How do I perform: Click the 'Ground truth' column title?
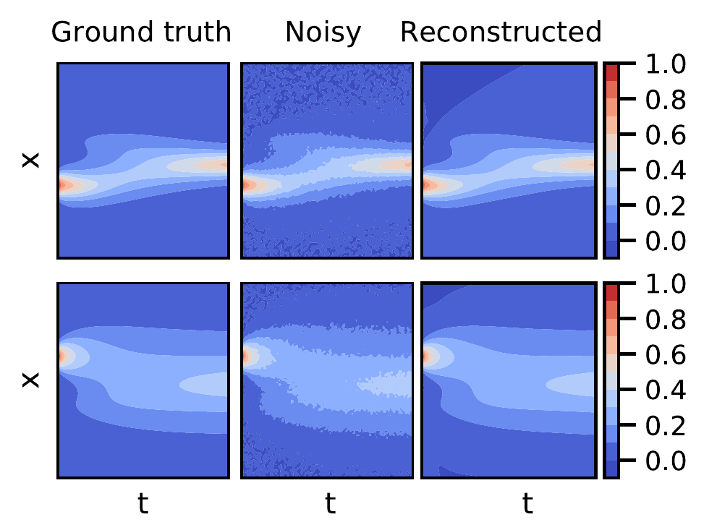[x=142, y=32]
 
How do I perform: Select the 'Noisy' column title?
[x=323, y=32]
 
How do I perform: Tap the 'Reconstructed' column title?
[x=501, y=32]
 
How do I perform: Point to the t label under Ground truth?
[x=143, y=504]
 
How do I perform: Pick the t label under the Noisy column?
[x=330, y=504]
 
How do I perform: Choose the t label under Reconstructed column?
[x=527, y=504]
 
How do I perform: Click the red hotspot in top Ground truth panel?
[x=63, y=185]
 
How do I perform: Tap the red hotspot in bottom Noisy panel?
[x=247, y=356]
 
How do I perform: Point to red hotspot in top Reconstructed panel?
[x=426, y=185]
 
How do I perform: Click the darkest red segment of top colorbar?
[x=611, y=72]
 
